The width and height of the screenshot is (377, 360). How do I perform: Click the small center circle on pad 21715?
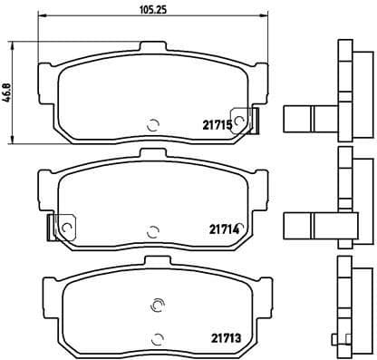point(152,125)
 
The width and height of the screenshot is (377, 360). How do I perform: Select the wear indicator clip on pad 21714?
point(65,226)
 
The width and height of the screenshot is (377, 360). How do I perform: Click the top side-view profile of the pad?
point(344,91)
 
